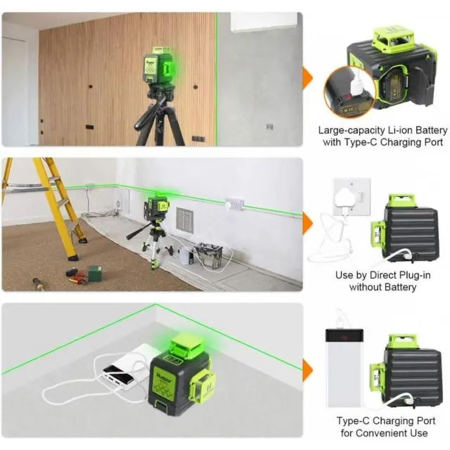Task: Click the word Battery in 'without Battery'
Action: click(x=400, y=288)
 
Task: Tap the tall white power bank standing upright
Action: click(x=345, y=368)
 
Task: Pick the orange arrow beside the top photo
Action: click(x=308, y=79)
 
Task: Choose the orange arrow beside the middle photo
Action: click(x=308, y=224)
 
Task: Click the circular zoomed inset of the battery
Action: click(x=350, y=92)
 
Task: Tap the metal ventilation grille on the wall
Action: click(x=184, y=220)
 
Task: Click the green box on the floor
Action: click(x=94, y=274)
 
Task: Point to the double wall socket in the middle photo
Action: click(x=234, y=205)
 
